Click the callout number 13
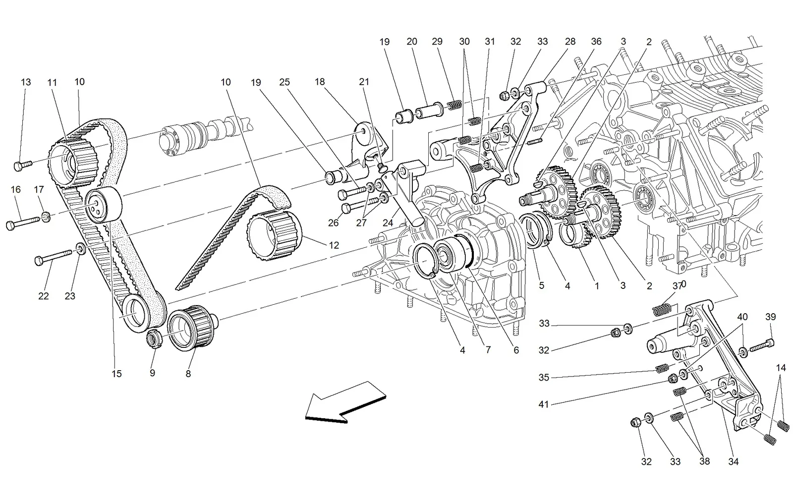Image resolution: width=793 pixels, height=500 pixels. [26, 82]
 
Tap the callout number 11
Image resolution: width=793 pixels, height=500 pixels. [52, 82]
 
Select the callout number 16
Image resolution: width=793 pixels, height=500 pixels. [15, 190]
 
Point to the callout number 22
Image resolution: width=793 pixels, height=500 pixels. [44, 296]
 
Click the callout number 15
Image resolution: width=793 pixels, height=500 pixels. [116, 374]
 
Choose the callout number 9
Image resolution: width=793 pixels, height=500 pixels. [152, 373]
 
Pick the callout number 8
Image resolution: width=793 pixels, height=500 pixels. [188, 374]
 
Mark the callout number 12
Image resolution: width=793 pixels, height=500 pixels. [334, 245]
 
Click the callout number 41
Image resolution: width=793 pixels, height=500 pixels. [543, 404]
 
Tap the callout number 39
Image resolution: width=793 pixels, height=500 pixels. [771, 317]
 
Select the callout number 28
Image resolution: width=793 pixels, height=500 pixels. [570, 42]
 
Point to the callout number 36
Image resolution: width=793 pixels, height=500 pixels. [596, 42]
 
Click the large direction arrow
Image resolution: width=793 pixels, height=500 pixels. [345, 402]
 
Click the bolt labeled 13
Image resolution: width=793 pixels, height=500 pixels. [23, 165]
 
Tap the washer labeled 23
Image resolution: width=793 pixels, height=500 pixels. [81, 249]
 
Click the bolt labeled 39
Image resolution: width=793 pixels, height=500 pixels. [762, 345]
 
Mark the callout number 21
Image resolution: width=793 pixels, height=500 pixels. [364, 82]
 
